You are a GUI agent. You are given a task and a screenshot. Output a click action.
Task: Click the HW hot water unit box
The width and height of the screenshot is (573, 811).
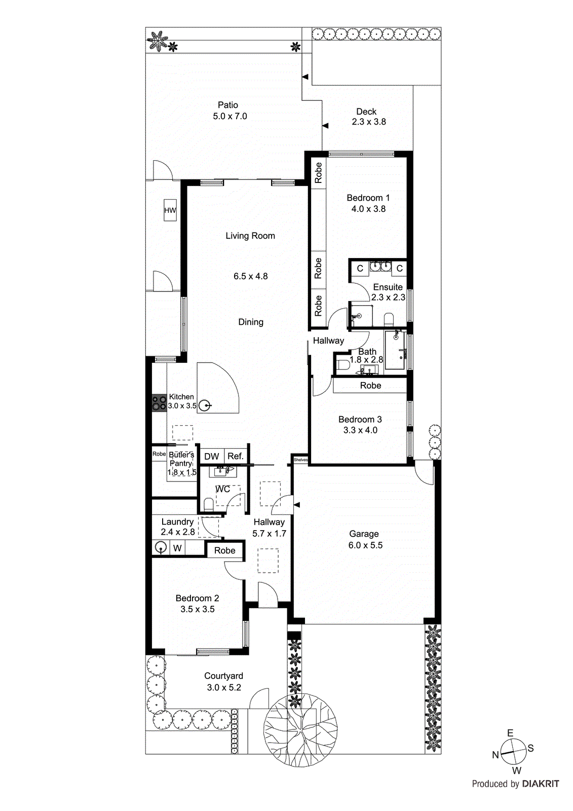170,210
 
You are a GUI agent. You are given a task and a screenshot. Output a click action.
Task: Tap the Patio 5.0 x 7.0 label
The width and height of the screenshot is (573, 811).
230,110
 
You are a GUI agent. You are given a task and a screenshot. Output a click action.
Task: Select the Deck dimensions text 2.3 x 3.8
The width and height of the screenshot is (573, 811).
369,122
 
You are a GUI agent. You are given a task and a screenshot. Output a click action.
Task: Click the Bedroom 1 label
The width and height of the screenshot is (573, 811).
368,198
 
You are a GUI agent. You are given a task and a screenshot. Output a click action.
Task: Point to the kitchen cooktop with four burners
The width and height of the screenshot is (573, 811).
159,403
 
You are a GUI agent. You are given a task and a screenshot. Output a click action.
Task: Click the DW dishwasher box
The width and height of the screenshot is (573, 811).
211,456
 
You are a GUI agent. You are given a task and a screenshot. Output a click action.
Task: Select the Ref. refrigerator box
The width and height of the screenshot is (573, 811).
236,456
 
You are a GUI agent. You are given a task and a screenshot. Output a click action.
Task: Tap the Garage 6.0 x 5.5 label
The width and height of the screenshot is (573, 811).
365,539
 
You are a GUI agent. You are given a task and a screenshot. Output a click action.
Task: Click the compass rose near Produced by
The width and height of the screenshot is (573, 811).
514,752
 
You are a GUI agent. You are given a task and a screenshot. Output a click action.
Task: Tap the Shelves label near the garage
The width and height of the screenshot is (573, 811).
300,460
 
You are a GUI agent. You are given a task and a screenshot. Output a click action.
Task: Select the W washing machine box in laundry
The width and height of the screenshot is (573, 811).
177,548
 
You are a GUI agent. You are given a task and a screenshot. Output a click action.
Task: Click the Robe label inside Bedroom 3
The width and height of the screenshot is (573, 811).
370,386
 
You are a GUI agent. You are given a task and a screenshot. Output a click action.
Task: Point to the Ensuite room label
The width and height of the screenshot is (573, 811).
388,287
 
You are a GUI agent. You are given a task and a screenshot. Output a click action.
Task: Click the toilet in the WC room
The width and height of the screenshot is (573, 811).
208,504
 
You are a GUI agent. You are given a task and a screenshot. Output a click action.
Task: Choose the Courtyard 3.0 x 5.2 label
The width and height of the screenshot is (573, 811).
223,681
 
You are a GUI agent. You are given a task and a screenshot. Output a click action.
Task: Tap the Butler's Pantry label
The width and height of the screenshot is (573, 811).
181,459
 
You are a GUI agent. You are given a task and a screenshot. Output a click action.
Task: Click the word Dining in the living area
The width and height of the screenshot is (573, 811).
251,322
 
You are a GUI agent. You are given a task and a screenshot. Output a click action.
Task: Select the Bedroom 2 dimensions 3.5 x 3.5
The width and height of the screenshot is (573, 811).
198,609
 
